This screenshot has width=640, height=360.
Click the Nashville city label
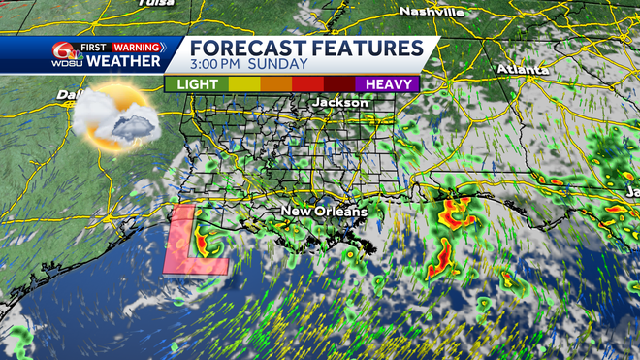click(432, 11)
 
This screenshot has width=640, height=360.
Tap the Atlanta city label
click(523, 70)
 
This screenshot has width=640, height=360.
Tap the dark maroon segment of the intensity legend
click(339, 84)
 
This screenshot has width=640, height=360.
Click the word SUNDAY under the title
click(281, 65)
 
